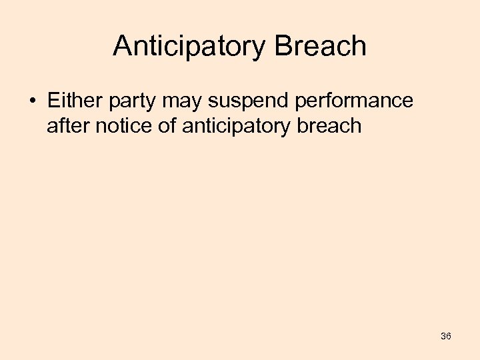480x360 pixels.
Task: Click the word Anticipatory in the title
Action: click(x=189, y=47)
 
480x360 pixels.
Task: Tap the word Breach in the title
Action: click(x=319, y=46)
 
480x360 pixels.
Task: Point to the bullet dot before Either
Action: click(x=33, y=101)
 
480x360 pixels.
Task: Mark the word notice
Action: click(x=122, y=125)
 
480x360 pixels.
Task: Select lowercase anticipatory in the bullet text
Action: click(x=242, y=127)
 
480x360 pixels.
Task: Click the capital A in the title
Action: click(x=123, y=46)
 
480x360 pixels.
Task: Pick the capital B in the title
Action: click(x=282, y=46)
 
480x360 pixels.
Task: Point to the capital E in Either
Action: click(x=53, y=101)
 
